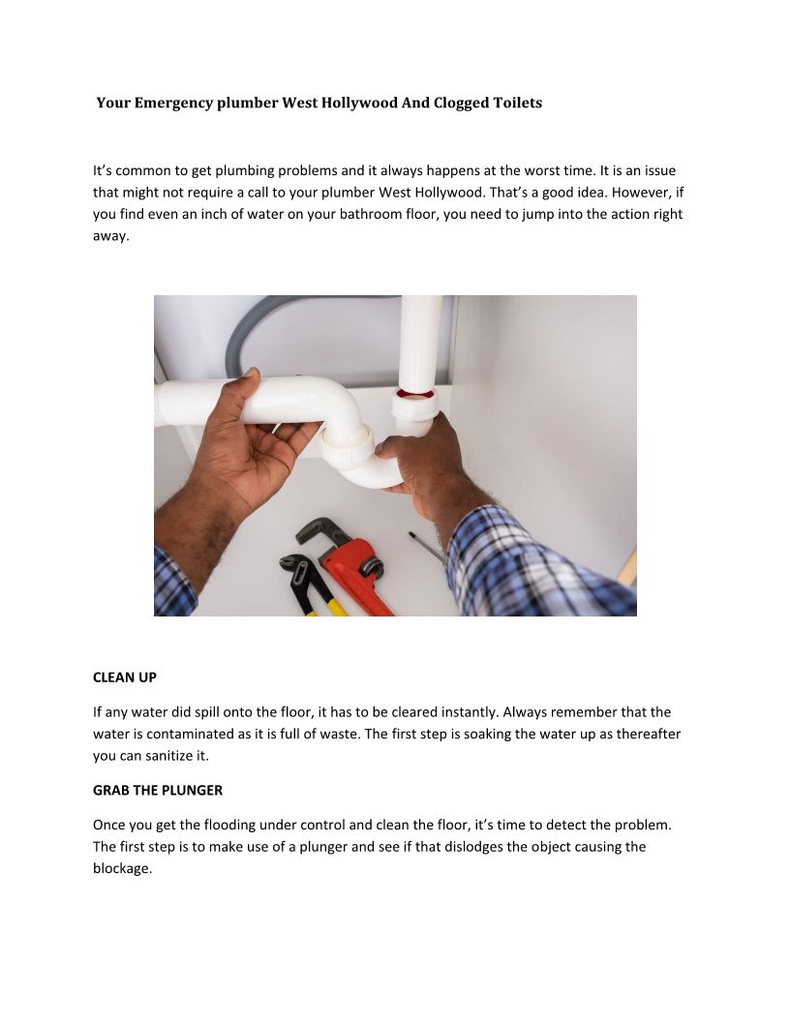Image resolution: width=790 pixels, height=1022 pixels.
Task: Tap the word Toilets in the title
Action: [518, 103]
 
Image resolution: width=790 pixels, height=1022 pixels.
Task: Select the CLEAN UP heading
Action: [125, 677]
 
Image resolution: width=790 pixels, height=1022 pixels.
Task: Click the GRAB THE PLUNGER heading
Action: [158, 790]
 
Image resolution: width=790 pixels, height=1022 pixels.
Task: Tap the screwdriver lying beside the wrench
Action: [426, 548]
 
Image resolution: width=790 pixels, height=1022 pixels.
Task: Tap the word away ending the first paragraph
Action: [110, 236]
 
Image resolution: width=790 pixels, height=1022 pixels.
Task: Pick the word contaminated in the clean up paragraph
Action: [190, 734]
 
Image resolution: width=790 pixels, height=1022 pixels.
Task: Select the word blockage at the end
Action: [122, 869]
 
